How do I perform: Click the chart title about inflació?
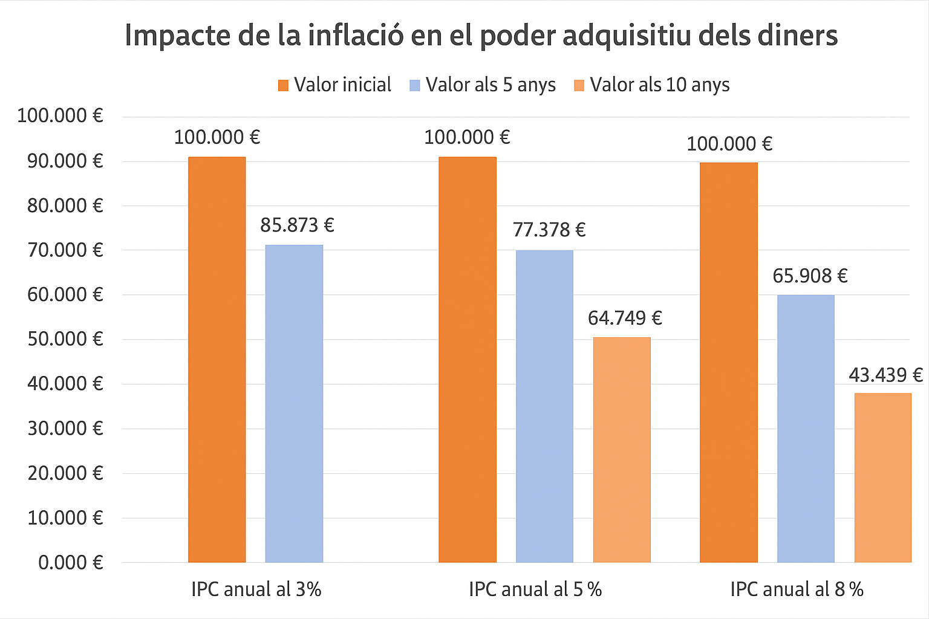(481, 35)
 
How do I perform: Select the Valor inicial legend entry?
(334, 85)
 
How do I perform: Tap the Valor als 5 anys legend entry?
(482, 85)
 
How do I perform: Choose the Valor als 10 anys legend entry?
(651, 85)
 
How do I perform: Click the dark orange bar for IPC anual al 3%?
(217, 360)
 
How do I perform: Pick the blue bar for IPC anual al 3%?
(294, 404)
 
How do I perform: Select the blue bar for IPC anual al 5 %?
(544, 406)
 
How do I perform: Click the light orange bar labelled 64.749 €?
(622, 450)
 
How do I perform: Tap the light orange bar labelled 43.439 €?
(882, 478)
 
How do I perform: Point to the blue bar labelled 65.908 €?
(806, 429)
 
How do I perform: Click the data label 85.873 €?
(297, 225)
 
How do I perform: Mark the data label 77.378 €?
(549, 230)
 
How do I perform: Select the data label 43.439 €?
(885, 375)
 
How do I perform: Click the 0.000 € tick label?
(71, 563)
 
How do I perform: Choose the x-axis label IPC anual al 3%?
(256, 589)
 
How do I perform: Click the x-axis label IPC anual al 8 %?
(797, 589)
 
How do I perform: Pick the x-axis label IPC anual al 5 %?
(535, 589)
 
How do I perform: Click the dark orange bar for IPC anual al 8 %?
(728, 363)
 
